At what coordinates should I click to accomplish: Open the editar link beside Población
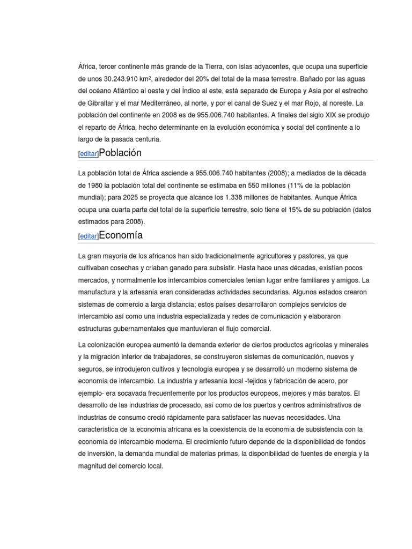pyautogui.click(x=89, y=154)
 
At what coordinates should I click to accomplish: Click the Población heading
pyautogui.click(x=120, y=153)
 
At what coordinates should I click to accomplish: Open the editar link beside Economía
pyautogui.click(x=89, y=236)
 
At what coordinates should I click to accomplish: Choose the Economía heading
pyautogui.click(x=121, y=235)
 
